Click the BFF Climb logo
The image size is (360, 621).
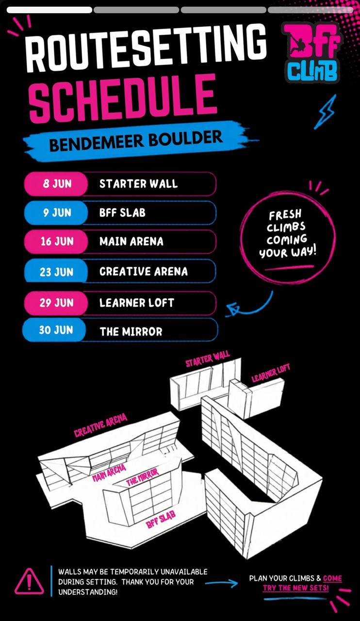pyautogui.click(x=312, y=52)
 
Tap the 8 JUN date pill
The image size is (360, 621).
pyautogui.click(x=56, y=184)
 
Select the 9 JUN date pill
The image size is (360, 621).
pyautogui.click(x=56, y=212)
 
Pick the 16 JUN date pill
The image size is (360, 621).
pyautogui.click(x=56, y=242)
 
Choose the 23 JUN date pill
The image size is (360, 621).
pyautogui.click(x=56, y=271)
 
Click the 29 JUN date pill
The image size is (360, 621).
pyautogui.click(x=56, y=303)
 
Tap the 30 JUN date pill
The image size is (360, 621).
pyautogui.click(x=55, y=330)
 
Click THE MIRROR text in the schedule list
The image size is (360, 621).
pyautogui.click(x=131, y=331)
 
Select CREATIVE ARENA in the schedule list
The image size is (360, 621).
pyautogui.click(x=144, y=271)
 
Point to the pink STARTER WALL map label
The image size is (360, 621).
pyautogui.click(x=208, y=359)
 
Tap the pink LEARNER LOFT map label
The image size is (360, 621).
pyautogui.click(x=271, y=373)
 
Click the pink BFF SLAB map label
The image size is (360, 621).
pyautogui.click(x=161, y=520)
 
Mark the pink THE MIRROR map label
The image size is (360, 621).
pyautogui.click(x=143, y=477)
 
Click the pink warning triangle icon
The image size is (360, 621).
pyautogui.click(x=29, y=581)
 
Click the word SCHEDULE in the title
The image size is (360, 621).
pyautogui.click(x=123, y=98)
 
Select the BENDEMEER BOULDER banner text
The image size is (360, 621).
pyautogui.click(x=136, y=141)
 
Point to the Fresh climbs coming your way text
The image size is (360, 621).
pyautogui.click(x=287, y=234)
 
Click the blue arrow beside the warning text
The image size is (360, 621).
pyautogui.click(x=222, y=583)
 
